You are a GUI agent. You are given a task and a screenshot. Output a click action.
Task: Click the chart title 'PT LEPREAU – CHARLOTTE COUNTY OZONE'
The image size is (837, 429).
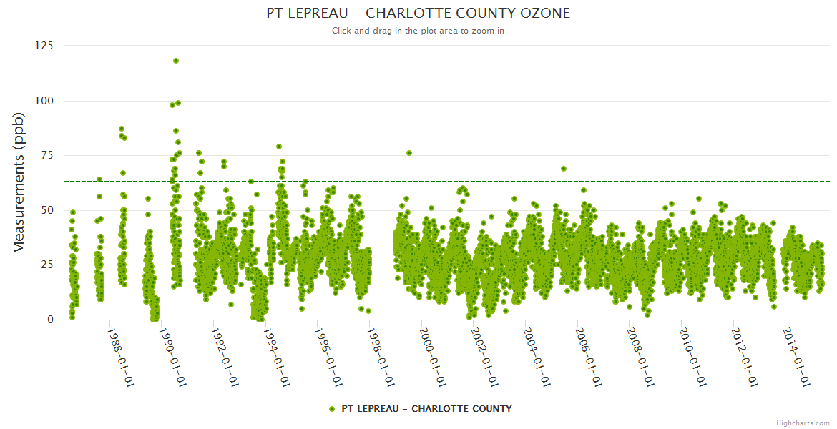(x=418, y=14)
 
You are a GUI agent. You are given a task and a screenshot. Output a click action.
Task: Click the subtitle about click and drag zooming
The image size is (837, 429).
(x=418, y=31)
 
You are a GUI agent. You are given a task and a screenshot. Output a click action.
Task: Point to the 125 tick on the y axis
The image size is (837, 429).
(x=44, y=46)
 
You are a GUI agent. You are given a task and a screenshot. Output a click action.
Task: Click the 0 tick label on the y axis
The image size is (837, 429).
(x=50, y=320)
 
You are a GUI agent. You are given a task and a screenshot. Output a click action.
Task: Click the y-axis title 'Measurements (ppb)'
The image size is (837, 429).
(x=19, y=182)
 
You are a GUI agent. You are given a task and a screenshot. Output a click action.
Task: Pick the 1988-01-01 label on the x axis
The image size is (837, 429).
(x=121, y=357)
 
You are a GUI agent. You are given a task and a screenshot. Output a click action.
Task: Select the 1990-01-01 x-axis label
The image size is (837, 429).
(x=172, y=357)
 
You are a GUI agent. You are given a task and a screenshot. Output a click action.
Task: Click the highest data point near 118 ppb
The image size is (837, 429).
(x=176, y=61)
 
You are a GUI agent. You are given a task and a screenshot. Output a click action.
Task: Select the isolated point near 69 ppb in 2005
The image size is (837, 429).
(x=564, y=169)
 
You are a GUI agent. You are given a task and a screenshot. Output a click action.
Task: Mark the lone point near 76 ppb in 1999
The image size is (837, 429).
(x=409, y=153)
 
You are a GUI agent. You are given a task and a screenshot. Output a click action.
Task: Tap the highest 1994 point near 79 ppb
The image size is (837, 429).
(x=279, y=147)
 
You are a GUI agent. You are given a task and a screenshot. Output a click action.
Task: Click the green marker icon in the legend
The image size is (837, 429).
(x=331, y=409)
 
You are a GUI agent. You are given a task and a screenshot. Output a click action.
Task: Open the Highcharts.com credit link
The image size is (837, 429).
(x=803, y=423)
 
